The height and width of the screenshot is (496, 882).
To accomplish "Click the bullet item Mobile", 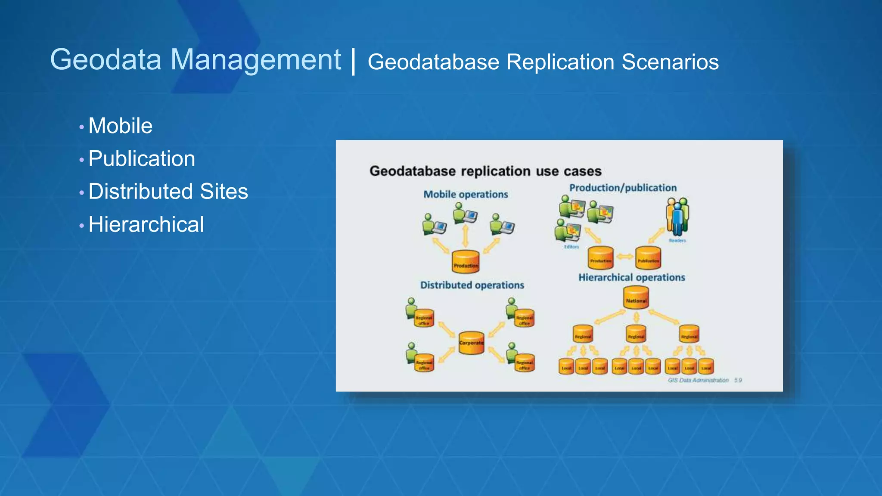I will tap(120, 126).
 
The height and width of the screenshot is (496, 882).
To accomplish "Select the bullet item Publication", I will tap(142, 159).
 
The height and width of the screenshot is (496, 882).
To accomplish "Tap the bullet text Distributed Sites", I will tap(168, 192).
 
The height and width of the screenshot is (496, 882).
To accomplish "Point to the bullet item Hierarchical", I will tap(146, 225).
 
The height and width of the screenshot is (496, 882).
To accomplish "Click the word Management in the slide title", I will tap(256, 60).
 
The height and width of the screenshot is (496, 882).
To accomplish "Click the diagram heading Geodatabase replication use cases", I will tap(485, 171).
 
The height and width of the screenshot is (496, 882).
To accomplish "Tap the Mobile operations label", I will tap(466, 195).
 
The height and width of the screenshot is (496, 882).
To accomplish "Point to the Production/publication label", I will tap(623, 188).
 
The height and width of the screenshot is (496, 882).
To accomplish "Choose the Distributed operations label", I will tap(472, 285).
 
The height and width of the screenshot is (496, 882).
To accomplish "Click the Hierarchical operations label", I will tap(631, 278).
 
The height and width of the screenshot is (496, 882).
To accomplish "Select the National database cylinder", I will tap(636, 298).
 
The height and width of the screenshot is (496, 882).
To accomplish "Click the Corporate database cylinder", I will tap(471, 343).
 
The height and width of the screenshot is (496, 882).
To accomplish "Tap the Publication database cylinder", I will tap(648, 258).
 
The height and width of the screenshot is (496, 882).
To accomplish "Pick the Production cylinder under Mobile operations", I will tap(466, 262).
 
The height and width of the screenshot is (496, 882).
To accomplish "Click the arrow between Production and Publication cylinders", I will tap(624, 257).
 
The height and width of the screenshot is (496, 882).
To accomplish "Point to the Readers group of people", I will tap(677, 217).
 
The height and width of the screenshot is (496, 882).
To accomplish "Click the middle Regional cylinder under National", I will tap(636, 334).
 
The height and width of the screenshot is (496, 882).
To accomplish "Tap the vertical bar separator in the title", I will tap(354, 62).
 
